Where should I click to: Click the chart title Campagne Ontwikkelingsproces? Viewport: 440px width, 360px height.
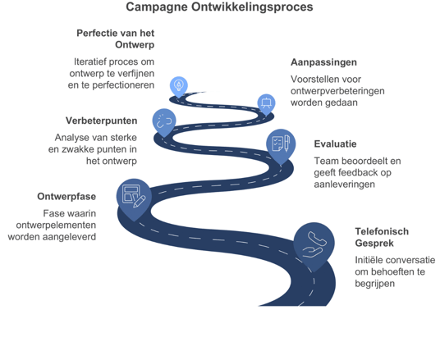tap(219, 7)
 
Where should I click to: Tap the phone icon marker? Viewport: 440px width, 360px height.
tap(314, 244)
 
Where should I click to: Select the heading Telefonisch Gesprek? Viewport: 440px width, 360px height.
tap(382, 237)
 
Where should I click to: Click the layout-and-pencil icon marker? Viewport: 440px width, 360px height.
tap(134, 197)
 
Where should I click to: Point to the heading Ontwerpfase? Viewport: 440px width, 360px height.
tap(66, 197)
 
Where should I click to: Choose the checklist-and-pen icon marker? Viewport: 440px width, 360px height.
tap(281, 145)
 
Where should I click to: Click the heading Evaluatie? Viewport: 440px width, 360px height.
tap(335, 144)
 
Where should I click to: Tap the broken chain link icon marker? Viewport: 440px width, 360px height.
tap(164, 121)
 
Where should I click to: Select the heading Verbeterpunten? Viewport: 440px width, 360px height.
tap(102, 121)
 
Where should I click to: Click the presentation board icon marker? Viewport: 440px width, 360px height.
tap(266, 103)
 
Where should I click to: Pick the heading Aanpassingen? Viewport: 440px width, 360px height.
tap(323, 62)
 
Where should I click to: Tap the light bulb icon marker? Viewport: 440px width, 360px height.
tap(179, 85)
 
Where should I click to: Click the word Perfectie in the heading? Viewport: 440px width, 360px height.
tap(96, 33)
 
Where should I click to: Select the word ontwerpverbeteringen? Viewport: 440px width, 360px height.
tap(337, 91)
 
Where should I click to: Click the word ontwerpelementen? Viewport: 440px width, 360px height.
tap(56, 226)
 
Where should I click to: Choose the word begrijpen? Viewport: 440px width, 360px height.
tap(374, 284)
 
